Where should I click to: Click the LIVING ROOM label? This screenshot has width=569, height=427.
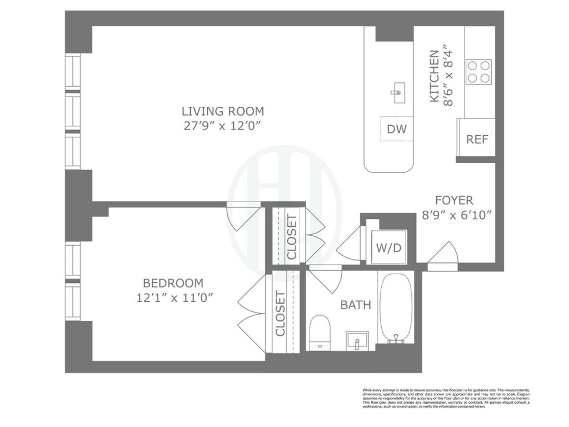(222, 111)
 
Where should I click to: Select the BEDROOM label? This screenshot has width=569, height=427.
(173, 283)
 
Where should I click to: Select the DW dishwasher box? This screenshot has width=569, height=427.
(396, 129)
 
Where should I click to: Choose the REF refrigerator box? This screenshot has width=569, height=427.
(477, 139)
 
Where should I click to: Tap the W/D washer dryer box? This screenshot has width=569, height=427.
(389, 247)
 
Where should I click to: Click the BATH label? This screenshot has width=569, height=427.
(355, 305)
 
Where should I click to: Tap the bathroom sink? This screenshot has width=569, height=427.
(357, 340)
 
